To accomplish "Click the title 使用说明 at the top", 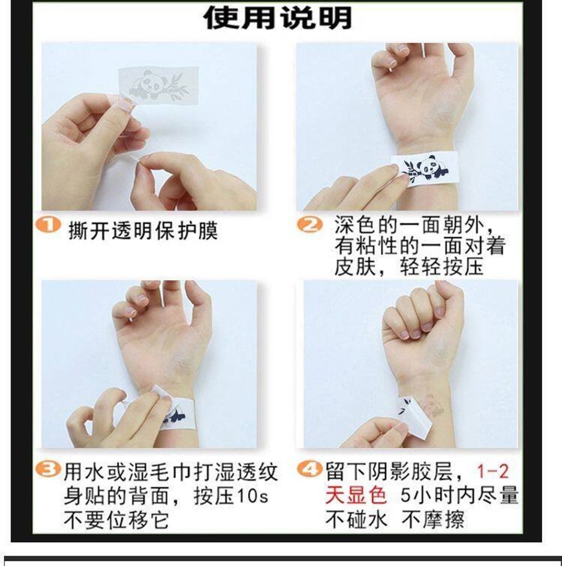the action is (277, 18).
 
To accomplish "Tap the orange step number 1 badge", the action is (48, 225).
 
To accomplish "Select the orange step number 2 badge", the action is (310, 224).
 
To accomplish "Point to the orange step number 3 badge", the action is (48, 469).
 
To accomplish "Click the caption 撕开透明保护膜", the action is (143, 230).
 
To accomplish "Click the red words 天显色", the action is (356, 495).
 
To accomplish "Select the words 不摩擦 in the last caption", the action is (432, 520).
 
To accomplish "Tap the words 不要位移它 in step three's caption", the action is (116, 520).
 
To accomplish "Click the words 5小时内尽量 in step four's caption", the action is (459, 495).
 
